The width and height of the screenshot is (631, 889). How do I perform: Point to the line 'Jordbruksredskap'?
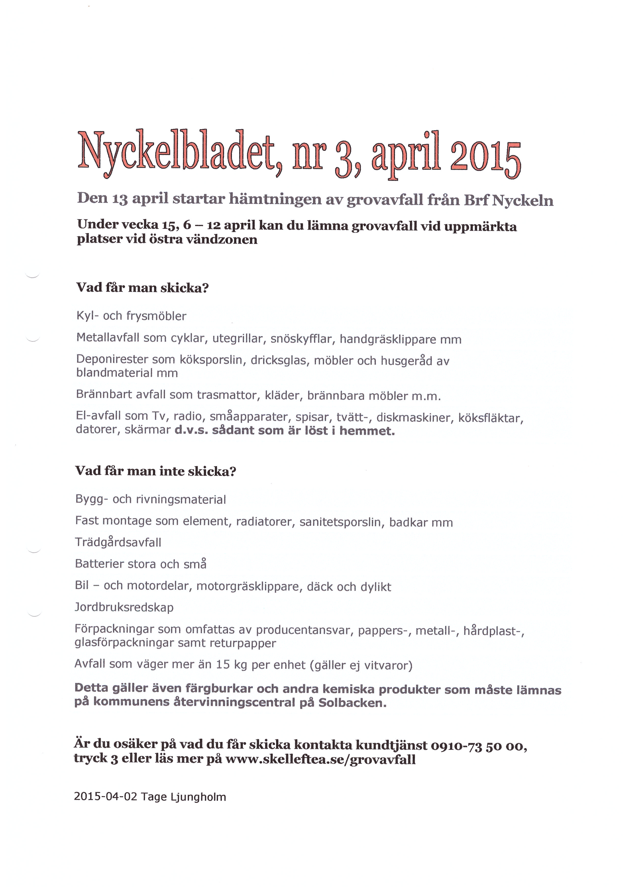(124, 607)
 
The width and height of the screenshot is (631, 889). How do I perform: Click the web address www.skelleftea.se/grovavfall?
(321, 759)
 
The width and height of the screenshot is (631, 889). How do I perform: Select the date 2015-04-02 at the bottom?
(105, 797)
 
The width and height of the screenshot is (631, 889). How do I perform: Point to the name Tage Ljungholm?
(183, 797)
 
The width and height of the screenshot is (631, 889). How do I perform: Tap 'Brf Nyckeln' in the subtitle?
(509, 200)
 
